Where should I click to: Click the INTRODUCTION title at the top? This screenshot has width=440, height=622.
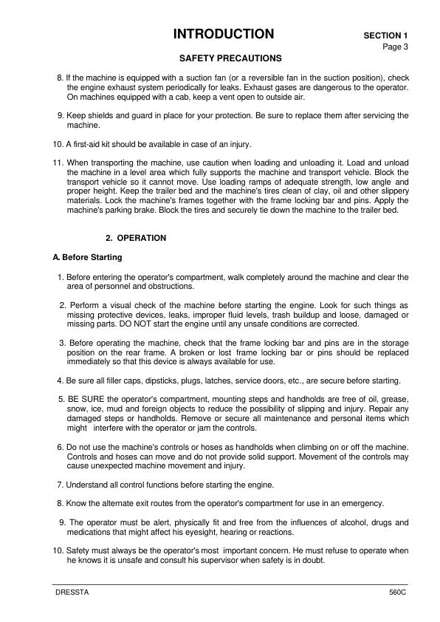223,34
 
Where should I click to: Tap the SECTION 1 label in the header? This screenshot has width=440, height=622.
385,35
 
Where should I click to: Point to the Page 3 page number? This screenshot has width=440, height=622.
395,47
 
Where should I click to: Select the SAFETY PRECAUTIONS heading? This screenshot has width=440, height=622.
230,58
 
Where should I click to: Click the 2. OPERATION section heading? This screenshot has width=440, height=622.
136,238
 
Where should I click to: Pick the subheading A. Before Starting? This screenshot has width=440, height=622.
82,257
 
